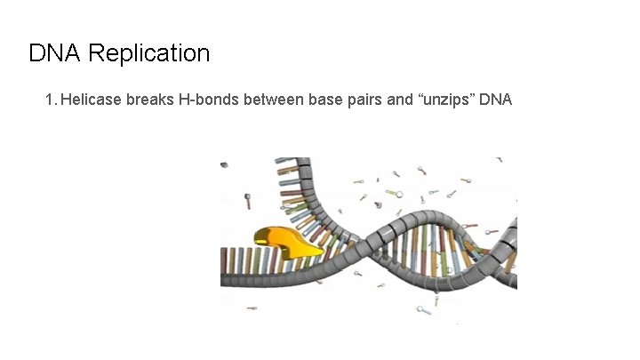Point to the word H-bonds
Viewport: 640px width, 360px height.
(x=210, y=99)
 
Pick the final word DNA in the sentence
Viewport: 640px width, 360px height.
(x=496, y=99)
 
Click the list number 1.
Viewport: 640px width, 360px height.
(x=49, y=99)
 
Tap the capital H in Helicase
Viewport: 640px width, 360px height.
(x=68, y=99)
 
